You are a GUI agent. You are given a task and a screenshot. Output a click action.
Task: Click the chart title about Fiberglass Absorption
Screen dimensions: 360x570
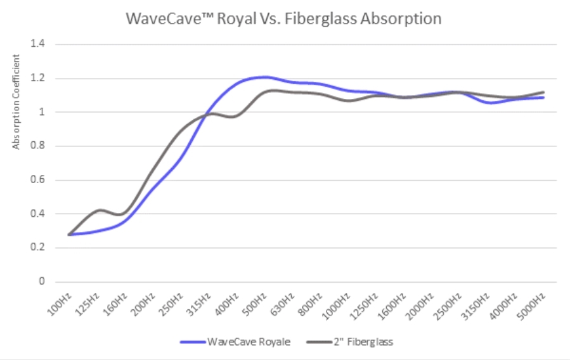[283, 18]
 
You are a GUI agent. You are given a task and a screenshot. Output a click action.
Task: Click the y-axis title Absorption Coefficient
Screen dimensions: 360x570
[17, 101]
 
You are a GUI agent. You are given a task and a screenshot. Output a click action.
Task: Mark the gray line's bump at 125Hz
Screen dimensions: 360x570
[98, 210]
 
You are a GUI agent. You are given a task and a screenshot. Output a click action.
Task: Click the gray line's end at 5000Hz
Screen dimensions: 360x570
[543, 93]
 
